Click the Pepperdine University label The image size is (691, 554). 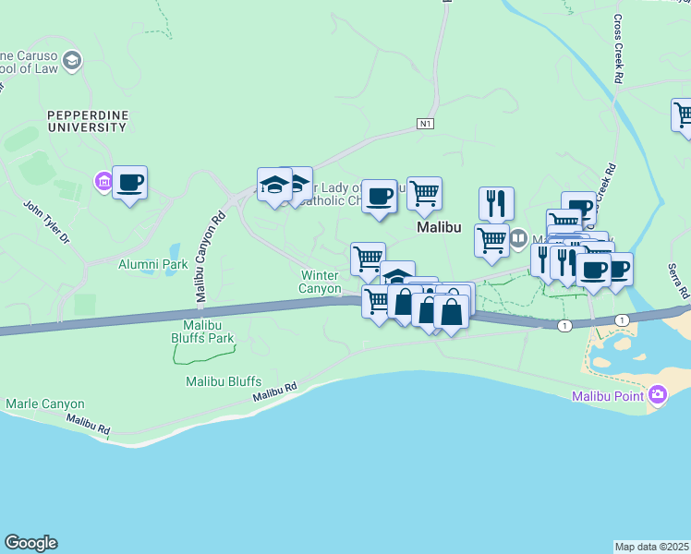pos(88,120)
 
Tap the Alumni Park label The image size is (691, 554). pos(152,264)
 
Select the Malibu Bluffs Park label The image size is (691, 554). pos(202,331)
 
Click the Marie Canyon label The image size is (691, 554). pos(45,403)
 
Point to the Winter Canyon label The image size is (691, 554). pos(320,282)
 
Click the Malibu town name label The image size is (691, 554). pos(438,226)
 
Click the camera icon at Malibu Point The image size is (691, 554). pos(658,395)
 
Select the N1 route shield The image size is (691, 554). pos(425,123)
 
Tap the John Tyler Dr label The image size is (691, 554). pos(46,223)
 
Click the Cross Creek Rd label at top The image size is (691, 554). pos(616,48)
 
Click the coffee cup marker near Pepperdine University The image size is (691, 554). pos(130,182)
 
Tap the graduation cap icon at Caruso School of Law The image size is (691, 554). pos(72,61)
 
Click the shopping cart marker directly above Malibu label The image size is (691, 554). pos(424,193)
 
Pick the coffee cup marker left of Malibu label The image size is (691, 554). pos(379,196)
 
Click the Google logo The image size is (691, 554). pos(30,543)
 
